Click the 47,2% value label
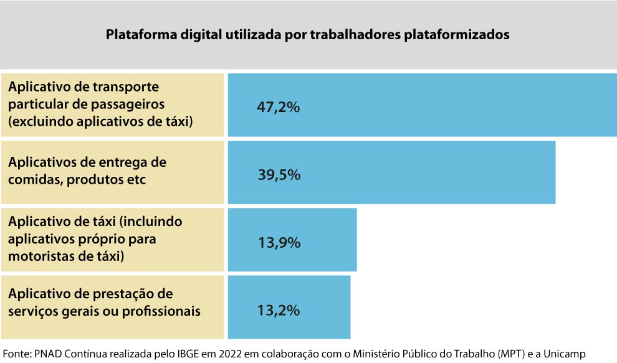(x=279, y=107)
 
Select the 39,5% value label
(x=279, y=175)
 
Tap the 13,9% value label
(x=279, y=242)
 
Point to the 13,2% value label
(x=279, y=309)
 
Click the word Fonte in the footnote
(x=16, y=353)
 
